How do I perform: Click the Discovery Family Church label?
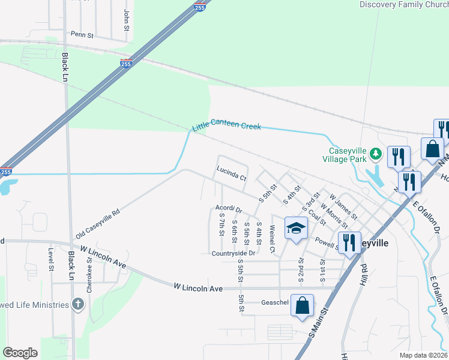[403, 5]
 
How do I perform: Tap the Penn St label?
[83, 35]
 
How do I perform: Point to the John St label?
[127, 20]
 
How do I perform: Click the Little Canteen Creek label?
[226, 127]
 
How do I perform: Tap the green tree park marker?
[376, 155]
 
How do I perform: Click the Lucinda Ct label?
[232, 178]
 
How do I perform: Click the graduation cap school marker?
[295, 228]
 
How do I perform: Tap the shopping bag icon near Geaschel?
[303, 305]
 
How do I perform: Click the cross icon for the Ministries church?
[77, 304]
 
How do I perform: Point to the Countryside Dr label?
[234, 254]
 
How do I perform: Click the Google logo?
[20, 353]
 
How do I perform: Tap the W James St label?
[342, 205]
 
